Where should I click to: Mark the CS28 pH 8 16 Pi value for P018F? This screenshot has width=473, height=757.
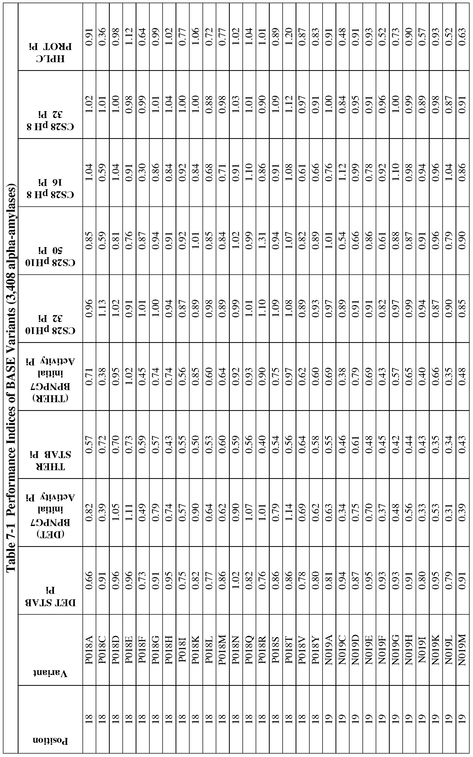point(143,172)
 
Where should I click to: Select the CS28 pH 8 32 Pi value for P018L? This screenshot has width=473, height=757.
point(209,104)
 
